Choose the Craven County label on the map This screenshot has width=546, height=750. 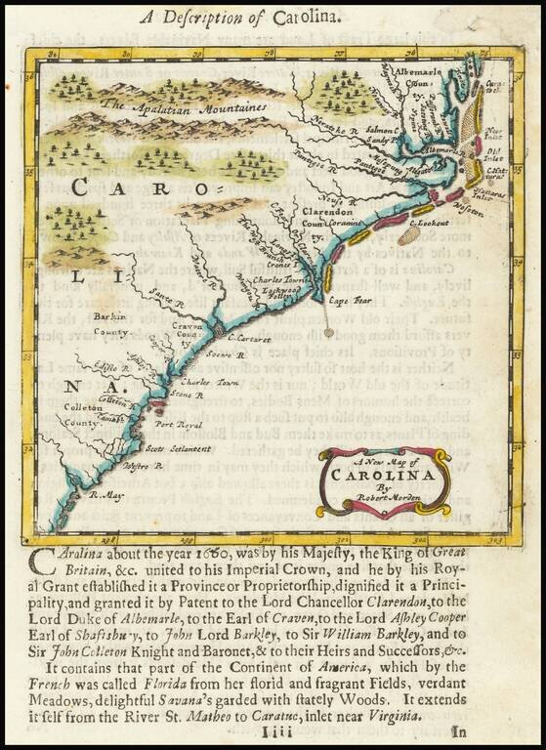pyautogui.click(x=188, y=332)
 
